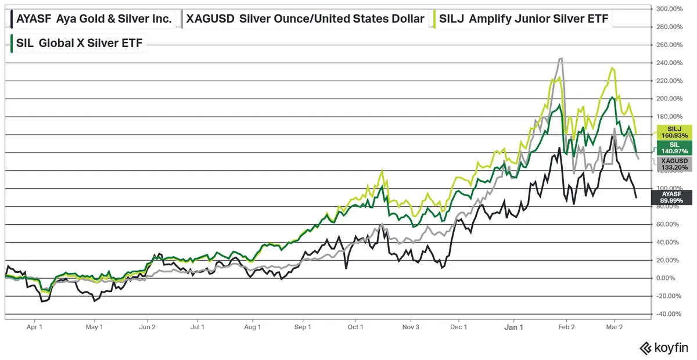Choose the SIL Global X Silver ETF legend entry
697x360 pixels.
(77, 42)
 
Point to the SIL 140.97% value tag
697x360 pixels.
(674, 147)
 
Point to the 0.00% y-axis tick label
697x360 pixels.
(671, 278)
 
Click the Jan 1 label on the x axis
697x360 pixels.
(513, 327)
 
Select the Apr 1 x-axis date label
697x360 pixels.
(34, 327)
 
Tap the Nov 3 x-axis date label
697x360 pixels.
(411, 327)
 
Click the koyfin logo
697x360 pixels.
(663, 348)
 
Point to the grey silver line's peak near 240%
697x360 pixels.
(561, 58)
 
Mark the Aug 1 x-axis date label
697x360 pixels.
(253, 327)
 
